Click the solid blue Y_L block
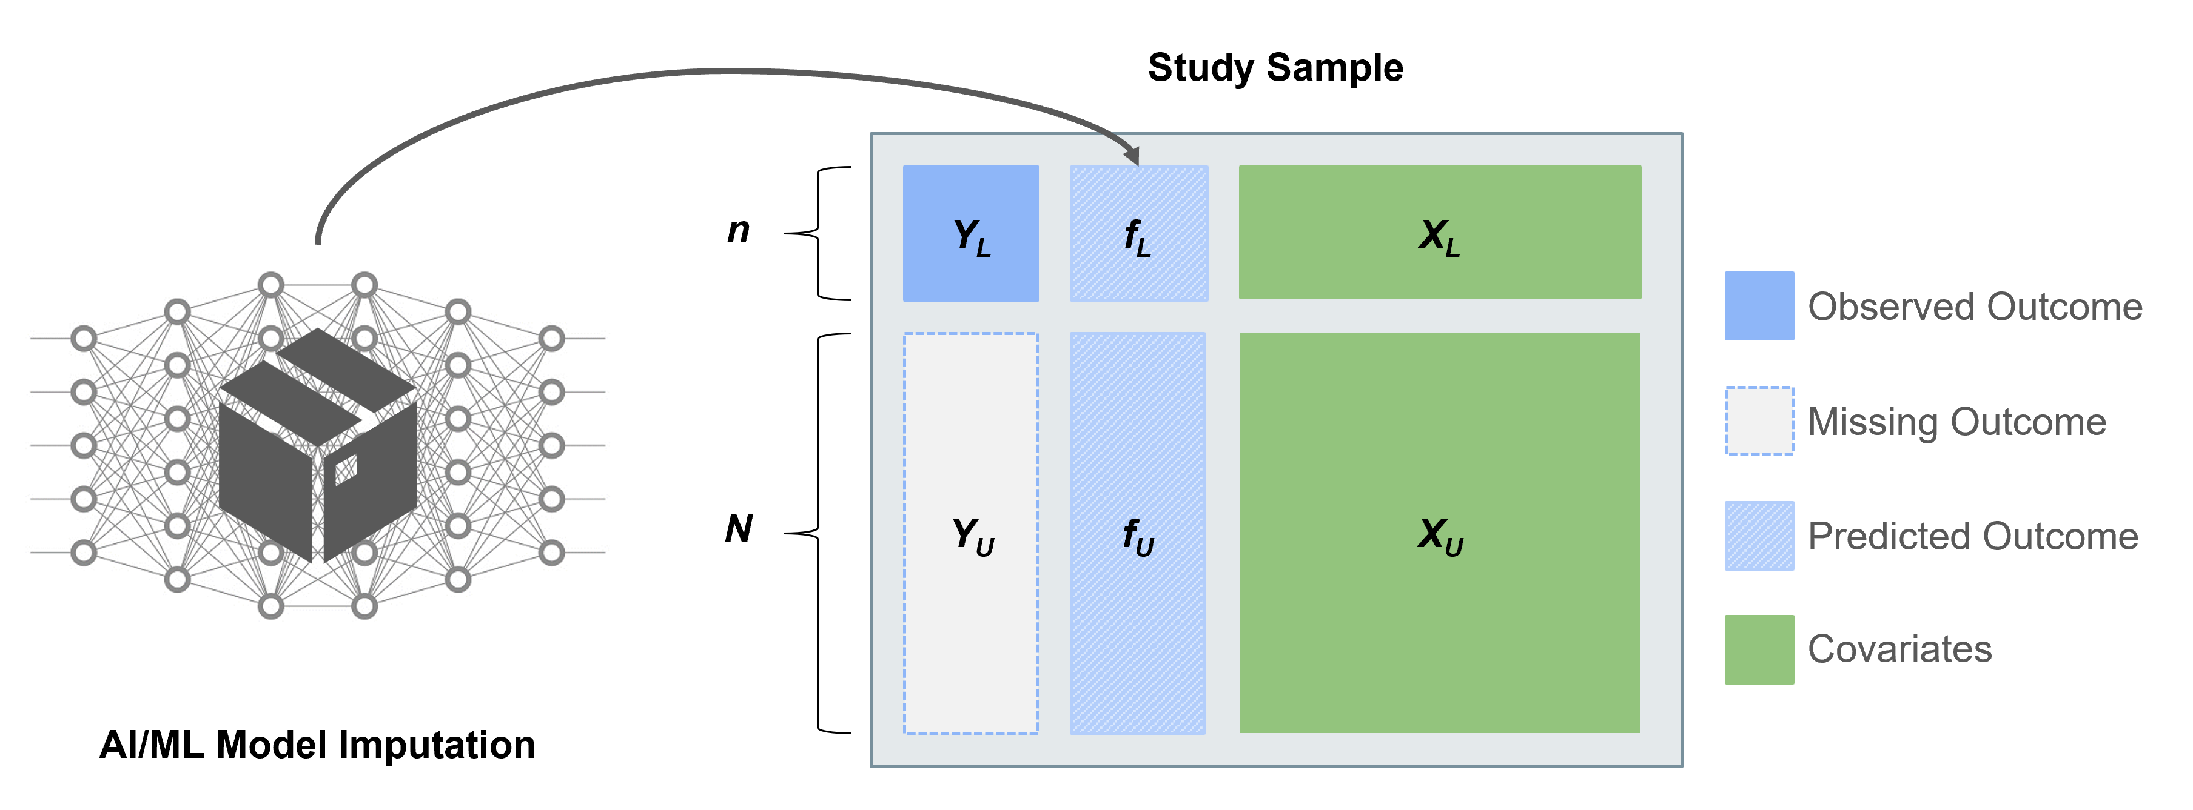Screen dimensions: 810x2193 point(970,233)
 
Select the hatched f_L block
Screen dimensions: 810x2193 point(1138,233)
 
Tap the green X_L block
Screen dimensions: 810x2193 point(1439,232)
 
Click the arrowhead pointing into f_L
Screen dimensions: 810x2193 point(1132,156)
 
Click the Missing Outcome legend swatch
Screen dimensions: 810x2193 point(1759,421)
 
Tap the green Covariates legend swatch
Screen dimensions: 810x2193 point(1759,649)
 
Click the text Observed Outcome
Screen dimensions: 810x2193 point(1974,307)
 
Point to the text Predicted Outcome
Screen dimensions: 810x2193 point(1972,537)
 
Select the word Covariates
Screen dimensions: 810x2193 point(1899,650)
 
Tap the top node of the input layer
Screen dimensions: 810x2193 point(84,339)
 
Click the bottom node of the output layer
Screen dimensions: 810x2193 point(552,552)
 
